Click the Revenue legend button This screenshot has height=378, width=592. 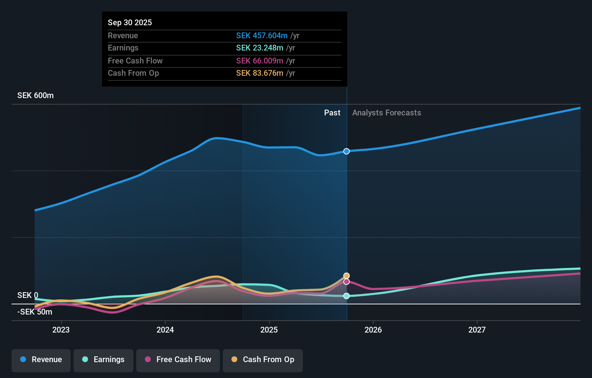41,360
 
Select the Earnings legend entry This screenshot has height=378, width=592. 103,360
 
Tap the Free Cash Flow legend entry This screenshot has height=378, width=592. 178,360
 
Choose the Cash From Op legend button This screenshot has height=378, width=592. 263,360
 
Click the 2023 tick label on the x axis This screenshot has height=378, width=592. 61,330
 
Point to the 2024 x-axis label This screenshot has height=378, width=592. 165,330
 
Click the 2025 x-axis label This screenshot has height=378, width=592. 269,330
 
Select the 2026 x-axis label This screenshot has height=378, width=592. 373,330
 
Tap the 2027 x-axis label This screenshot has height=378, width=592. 477,330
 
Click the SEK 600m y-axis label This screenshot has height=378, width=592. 35,96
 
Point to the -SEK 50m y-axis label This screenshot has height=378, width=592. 35,312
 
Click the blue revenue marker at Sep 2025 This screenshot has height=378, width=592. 346,151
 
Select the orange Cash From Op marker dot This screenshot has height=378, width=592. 346,276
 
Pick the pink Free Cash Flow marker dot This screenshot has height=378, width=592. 346,282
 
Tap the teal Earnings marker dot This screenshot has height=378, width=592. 346,296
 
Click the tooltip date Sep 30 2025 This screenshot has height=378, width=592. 130,22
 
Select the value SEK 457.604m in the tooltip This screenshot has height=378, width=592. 262,35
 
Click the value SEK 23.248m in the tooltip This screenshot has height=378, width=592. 260,48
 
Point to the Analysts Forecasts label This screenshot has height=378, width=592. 386,113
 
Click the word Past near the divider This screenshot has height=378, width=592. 332,113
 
